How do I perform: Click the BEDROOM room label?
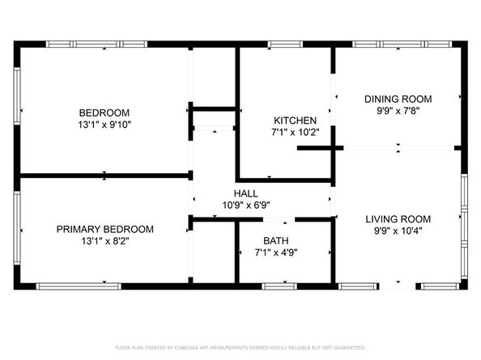(x=104, y=112)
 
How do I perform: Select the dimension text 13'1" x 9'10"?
(x=104, y=125)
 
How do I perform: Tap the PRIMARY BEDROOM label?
(x=104, y=229)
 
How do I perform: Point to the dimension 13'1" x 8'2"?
(x=104, y=242)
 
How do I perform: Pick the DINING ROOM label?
(x=398, y=99)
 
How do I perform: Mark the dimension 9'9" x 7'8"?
(x=398, y=112)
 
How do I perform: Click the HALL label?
(x=246, y=193)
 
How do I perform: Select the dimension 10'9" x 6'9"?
(x=246, y=205)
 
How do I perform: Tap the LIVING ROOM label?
(x=398, y=218)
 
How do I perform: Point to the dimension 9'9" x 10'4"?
(x=398, y=231)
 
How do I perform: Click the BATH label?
(x=275, y=241)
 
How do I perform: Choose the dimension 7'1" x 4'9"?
(x=275, y=254)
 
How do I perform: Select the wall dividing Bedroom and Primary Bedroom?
(x=104, y=175)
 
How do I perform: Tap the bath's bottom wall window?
(x=280, y=286)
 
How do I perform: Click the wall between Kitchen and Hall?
(x=283, y=179)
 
